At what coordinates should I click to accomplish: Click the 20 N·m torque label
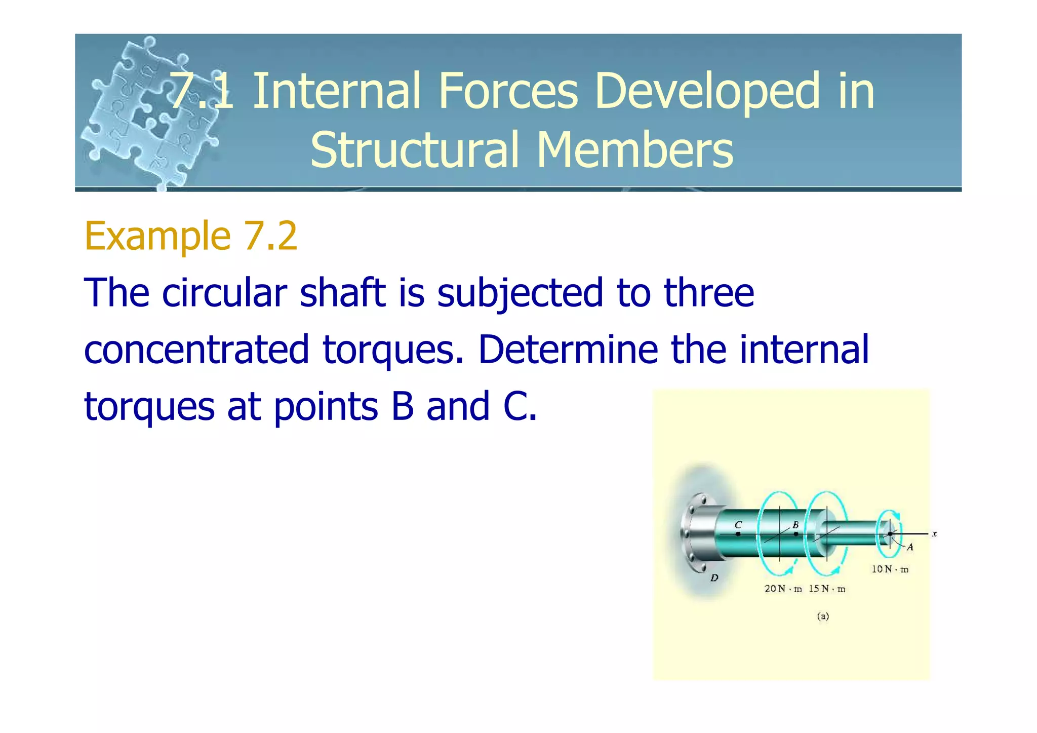(783, 589)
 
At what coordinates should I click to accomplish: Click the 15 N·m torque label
(827, 589)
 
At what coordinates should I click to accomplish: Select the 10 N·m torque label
(890, 569)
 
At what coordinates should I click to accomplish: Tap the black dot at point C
(738, 534)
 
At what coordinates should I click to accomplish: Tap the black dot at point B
(795, 534)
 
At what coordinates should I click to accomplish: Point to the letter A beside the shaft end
(910, 547)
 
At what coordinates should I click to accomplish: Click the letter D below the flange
(714, 578)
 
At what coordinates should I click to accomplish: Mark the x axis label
(934, 533)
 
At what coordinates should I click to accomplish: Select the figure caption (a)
(823, 616)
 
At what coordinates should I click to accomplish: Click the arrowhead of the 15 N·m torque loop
(835, 570)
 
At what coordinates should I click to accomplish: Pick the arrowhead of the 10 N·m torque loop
(896, 515)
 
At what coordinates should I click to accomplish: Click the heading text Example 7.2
(191, 236)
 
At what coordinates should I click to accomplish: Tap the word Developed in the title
(707, 91)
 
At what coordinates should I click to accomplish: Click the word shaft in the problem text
(342, 293)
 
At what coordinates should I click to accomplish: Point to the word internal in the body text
(804, 350)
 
